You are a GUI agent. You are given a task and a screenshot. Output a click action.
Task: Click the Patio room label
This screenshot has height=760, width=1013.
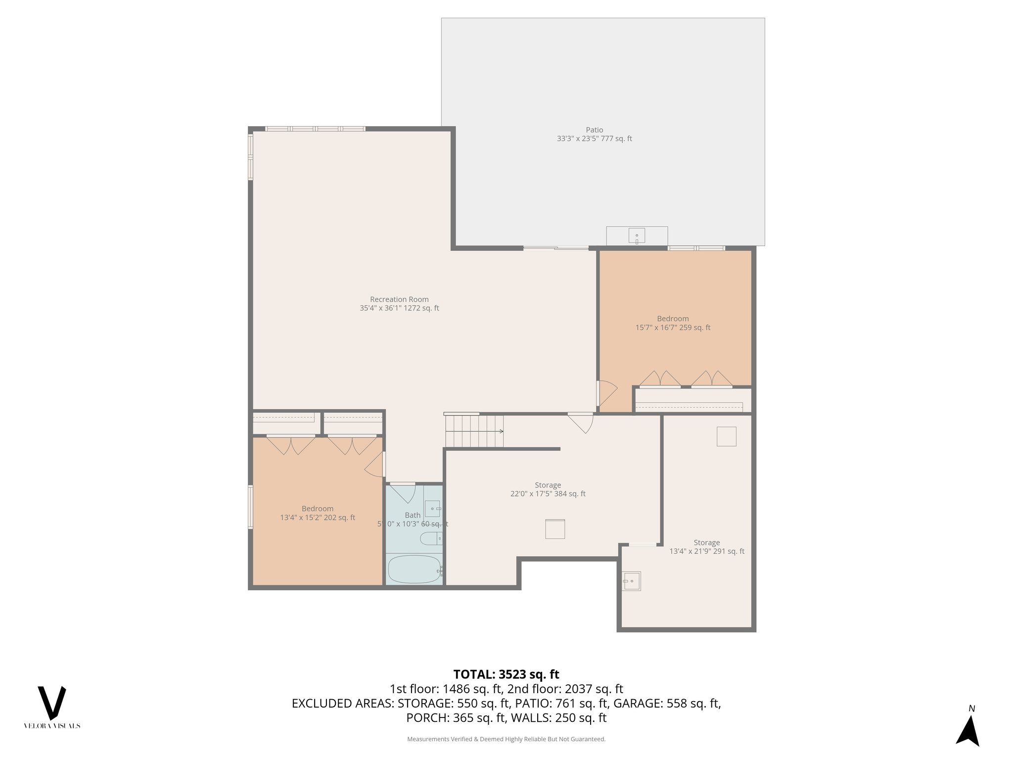(x=594, y=130)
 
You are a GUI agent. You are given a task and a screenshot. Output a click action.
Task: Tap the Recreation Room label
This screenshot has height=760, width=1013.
(x=399, y=299)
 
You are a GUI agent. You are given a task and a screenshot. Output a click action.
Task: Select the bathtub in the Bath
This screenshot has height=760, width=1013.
(x=414, y=570)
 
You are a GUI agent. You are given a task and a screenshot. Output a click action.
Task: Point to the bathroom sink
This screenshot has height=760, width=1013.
(x=432, y=509)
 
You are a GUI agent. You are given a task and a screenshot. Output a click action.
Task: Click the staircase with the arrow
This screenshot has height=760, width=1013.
(x=474, y=431)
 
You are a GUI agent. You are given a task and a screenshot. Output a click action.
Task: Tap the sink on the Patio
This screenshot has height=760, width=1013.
(x=637, y=236)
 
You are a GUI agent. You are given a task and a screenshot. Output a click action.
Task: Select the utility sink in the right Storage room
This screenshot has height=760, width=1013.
(x=632, y=581)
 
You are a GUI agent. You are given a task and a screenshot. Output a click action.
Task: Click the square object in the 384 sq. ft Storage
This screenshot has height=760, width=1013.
(x=555, y=529)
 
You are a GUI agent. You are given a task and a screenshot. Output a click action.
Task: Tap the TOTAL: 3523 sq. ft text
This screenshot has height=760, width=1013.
(x=506, y=674)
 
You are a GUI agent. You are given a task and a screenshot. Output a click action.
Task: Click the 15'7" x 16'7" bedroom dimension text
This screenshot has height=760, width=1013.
(x=673, y=328)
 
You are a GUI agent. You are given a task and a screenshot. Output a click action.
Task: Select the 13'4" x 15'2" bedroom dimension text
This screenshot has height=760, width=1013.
(x=318, y=518)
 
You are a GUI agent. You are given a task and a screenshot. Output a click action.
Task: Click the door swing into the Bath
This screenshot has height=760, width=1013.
(x=403, y=493)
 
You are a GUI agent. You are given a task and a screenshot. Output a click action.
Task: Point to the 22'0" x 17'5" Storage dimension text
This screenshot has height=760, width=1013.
(x=548, y=494)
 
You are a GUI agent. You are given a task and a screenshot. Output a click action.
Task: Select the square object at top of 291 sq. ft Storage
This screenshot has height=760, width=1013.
(x=726, y=436)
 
